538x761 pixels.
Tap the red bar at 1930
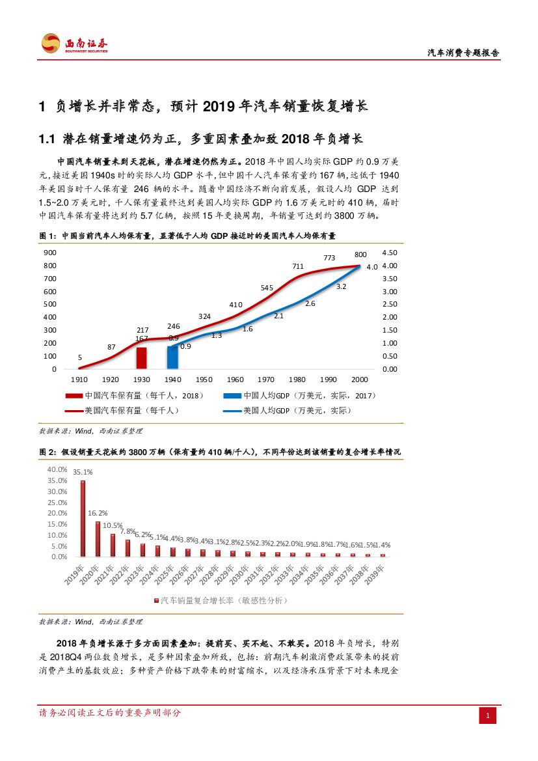coord(141,358)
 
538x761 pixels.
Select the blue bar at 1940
coord(172,357)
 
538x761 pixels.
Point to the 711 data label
coord(298,266)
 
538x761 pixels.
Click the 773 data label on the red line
coord(329,257)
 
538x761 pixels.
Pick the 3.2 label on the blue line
coord(342,286)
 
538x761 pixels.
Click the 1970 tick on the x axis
coord(266,380)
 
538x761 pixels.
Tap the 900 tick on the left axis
coord(50,253)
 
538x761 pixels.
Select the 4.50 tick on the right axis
coord(389,253)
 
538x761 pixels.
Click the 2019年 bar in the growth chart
coord(83,518)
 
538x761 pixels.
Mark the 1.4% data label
coord(384,544)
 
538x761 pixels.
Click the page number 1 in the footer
coord(488,716)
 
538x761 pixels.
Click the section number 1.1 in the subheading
coord(49,139)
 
